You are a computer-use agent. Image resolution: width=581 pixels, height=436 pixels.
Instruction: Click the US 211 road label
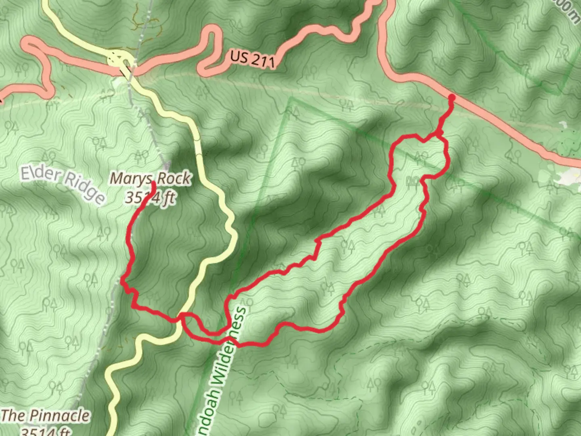[x=253, y=59]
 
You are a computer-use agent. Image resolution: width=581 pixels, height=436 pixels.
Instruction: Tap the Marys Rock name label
[x=150, y=178]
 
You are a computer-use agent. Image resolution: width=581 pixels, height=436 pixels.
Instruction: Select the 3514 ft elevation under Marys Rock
[x=150, y=198]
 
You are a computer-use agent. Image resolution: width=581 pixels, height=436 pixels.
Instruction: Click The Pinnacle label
[x=45, y=416]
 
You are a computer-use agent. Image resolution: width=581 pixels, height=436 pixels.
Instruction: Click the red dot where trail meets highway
[x=451, y=98]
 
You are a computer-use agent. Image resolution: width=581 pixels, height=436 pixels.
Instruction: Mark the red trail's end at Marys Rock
[x=154, y=184]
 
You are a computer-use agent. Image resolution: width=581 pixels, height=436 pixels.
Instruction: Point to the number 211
[x=263, y=61]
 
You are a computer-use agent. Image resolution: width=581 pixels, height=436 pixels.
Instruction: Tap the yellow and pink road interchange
[x=119, y=61]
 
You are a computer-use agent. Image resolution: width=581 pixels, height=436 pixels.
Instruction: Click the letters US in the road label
[x=238, y=56]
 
